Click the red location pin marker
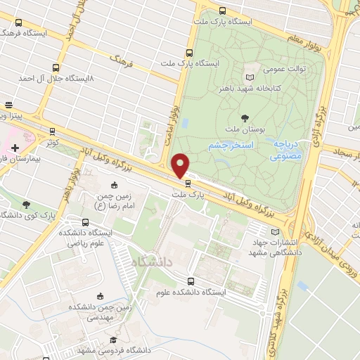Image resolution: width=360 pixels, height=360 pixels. click(x=181, y=166)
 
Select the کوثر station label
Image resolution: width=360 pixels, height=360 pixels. click(x=49, y=141)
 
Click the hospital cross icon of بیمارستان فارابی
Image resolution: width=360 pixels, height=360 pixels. click(x=14, y=150)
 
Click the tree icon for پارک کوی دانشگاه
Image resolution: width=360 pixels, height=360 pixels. click(x=26, y=205)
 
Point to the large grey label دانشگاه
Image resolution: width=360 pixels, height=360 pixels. click(x=150, y=261)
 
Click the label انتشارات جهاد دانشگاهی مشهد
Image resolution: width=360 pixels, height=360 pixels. click(x=273, y=248)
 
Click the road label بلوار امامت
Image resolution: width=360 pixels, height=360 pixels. click(x=169, y=116)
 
